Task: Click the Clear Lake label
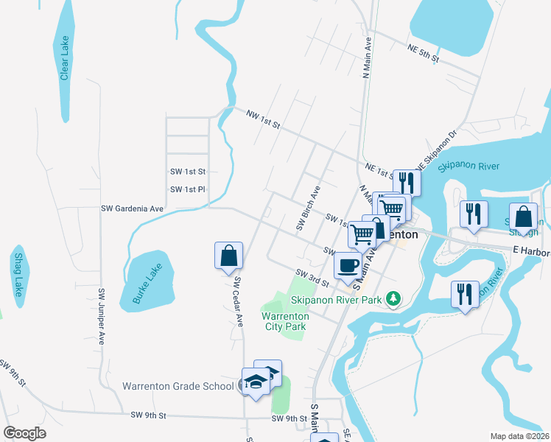[65, 59]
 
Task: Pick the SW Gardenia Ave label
[132, 208]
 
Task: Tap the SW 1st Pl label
[187, 189]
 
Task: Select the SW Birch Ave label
[309, 208]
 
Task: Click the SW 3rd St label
[312, 277]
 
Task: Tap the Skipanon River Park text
[336, 300]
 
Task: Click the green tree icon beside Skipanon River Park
[395, 298]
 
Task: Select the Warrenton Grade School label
[178, 386]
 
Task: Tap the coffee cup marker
[348, 264]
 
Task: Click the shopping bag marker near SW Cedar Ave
[229, 256]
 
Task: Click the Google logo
[24, 433]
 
